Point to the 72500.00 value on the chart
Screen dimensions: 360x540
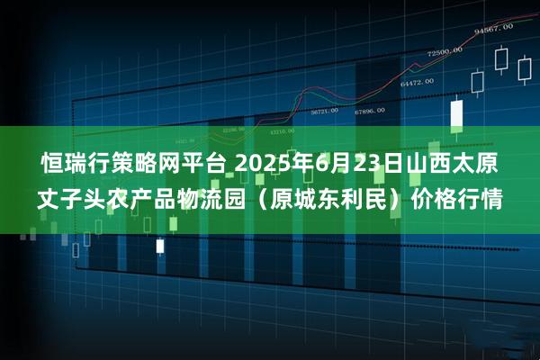click(445, 53)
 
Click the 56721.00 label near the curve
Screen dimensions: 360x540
click(324, 112)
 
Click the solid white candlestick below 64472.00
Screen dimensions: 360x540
click(456, 113)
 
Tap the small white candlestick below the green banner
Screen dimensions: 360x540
click(160, 245)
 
